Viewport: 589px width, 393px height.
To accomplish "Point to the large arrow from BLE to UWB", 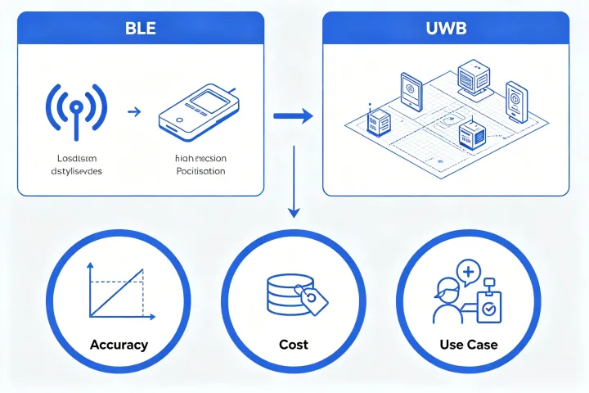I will (x=292, y=116).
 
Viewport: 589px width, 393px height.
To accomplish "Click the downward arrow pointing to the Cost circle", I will (x=292, y=188).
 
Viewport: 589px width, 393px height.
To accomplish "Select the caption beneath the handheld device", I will (x=200, y=165).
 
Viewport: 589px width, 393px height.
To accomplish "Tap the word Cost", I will (x=293, y=345).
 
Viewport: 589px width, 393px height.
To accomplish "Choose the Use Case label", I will (x=469, y=345).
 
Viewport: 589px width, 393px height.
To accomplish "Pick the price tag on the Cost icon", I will (x=312, y=300).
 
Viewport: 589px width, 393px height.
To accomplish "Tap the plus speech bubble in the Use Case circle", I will (x=468, y=273).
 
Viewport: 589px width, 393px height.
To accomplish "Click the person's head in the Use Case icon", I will (x=448, y=289).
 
